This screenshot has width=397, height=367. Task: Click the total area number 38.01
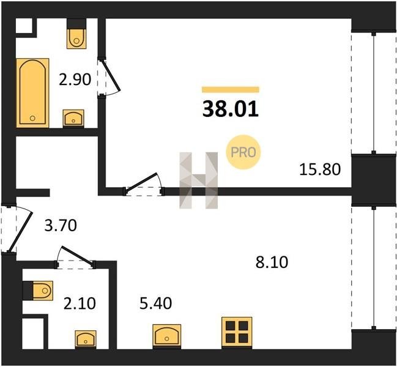[231, 109]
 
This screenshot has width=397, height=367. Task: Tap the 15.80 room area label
[320, 169]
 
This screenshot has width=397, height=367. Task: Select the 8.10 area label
[272, 262]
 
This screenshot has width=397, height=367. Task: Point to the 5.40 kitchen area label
[156, 303]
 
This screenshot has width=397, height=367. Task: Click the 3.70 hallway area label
[61, 225]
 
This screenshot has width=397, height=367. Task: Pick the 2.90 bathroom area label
[75, 80]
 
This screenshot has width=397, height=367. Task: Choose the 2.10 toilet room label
[80, 303]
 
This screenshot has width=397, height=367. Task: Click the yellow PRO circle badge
[243, 152]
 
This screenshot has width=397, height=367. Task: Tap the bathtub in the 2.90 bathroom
[32, 93]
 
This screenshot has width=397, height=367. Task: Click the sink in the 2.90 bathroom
[73, 118]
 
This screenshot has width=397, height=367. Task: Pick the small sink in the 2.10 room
[86, 338]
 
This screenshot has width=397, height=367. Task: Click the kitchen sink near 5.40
[166, 335]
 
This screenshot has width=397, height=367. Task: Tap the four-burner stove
[237, 332]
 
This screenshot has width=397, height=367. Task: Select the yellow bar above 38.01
[231, 89]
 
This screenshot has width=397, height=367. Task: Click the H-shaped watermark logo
[198, 180]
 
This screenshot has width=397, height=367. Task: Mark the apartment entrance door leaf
[21, 231]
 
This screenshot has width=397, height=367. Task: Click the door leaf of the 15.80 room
[141, 180]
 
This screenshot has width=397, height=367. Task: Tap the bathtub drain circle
[32, 118]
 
